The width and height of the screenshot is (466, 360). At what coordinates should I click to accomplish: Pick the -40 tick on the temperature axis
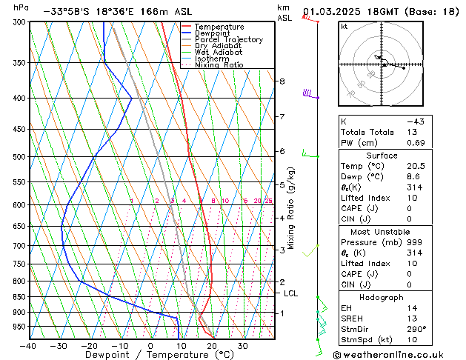28,346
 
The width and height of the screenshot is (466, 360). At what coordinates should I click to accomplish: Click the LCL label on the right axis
291,293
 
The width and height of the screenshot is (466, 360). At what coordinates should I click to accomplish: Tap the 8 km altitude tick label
282,81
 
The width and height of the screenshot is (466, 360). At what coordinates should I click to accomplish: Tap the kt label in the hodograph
344,27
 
